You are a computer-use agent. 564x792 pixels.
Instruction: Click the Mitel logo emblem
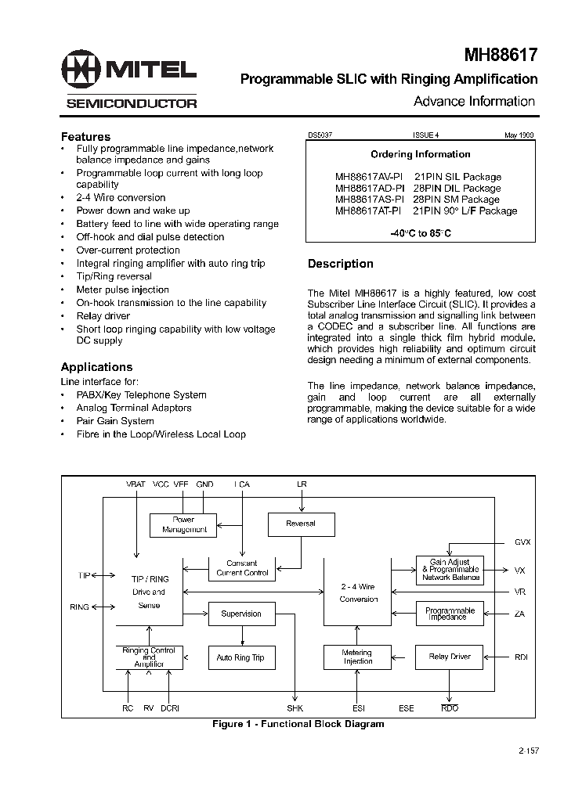[x=82, y=70]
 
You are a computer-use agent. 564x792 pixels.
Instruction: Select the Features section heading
[x=85, y=136]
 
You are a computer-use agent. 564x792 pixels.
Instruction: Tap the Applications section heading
[x=96, y=366]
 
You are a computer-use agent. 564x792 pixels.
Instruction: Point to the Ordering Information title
[x=420, y=154]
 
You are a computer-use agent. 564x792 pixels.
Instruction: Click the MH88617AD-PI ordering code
[x=369, y=188]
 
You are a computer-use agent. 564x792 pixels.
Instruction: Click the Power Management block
[x=184, y=524]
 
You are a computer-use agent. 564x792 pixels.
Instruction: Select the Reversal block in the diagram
[x=301, y=524]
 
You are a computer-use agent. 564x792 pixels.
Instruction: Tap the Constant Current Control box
[x=242, y=568]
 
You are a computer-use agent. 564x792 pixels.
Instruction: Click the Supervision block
[x=241, y=614]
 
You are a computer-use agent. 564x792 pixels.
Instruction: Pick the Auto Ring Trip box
[x=240, y=657]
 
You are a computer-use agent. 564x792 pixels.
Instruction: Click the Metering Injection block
[x=357, y=657]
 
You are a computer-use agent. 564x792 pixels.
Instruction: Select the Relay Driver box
[x=450, y=657]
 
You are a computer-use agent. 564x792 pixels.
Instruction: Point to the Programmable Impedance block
[x=450, y=614]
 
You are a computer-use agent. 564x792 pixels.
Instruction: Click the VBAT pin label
[x=136, y=484]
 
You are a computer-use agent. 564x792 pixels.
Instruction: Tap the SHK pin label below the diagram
[x=295, y=708]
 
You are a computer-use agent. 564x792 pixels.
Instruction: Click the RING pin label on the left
[x=79, y=607]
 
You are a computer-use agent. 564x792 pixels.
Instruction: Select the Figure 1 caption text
[x=298, y=724]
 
